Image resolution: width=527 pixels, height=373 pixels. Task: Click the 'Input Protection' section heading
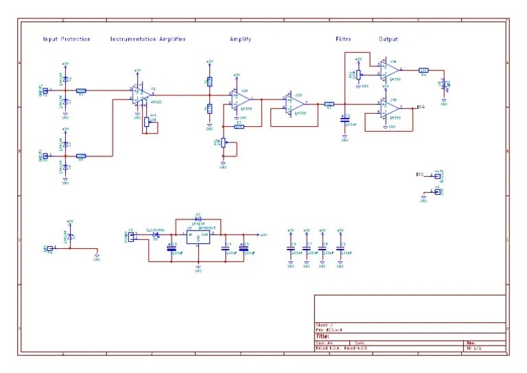(x=67, y=39)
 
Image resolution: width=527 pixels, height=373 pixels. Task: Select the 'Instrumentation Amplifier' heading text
(x=148, y=39)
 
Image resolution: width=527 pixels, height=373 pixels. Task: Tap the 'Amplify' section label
(x=240, y=39)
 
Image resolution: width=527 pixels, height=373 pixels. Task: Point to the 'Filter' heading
(x=343, y=39)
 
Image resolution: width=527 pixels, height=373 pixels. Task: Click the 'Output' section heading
(x=388, y=39)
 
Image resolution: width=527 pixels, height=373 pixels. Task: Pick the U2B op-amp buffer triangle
(x=296, y=104)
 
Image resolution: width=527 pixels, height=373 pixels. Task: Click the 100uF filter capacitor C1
(x=346, y=119)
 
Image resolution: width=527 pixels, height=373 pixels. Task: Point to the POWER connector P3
(x=130, y=237)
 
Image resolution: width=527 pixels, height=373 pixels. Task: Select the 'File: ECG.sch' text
(x=329, y=330)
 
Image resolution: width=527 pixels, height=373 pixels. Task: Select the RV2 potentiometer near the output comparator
(x=358, y=75)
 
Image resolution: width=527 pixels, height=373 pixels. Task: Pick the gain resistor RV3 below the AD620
(x=146, y=121)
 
